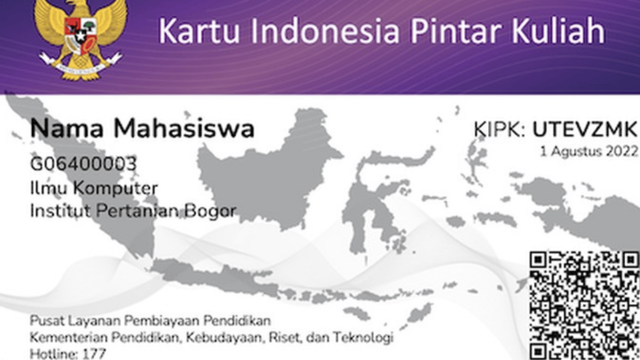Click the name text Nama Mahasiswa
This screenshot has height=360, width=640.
142,129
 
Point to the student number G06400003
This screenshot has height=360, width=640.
83,163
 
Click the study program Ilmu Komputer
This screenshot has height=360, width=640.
94,188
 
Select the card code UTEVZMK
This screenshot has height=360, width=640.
584,129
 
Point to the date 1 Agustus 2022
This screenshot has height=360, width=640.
589,151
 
